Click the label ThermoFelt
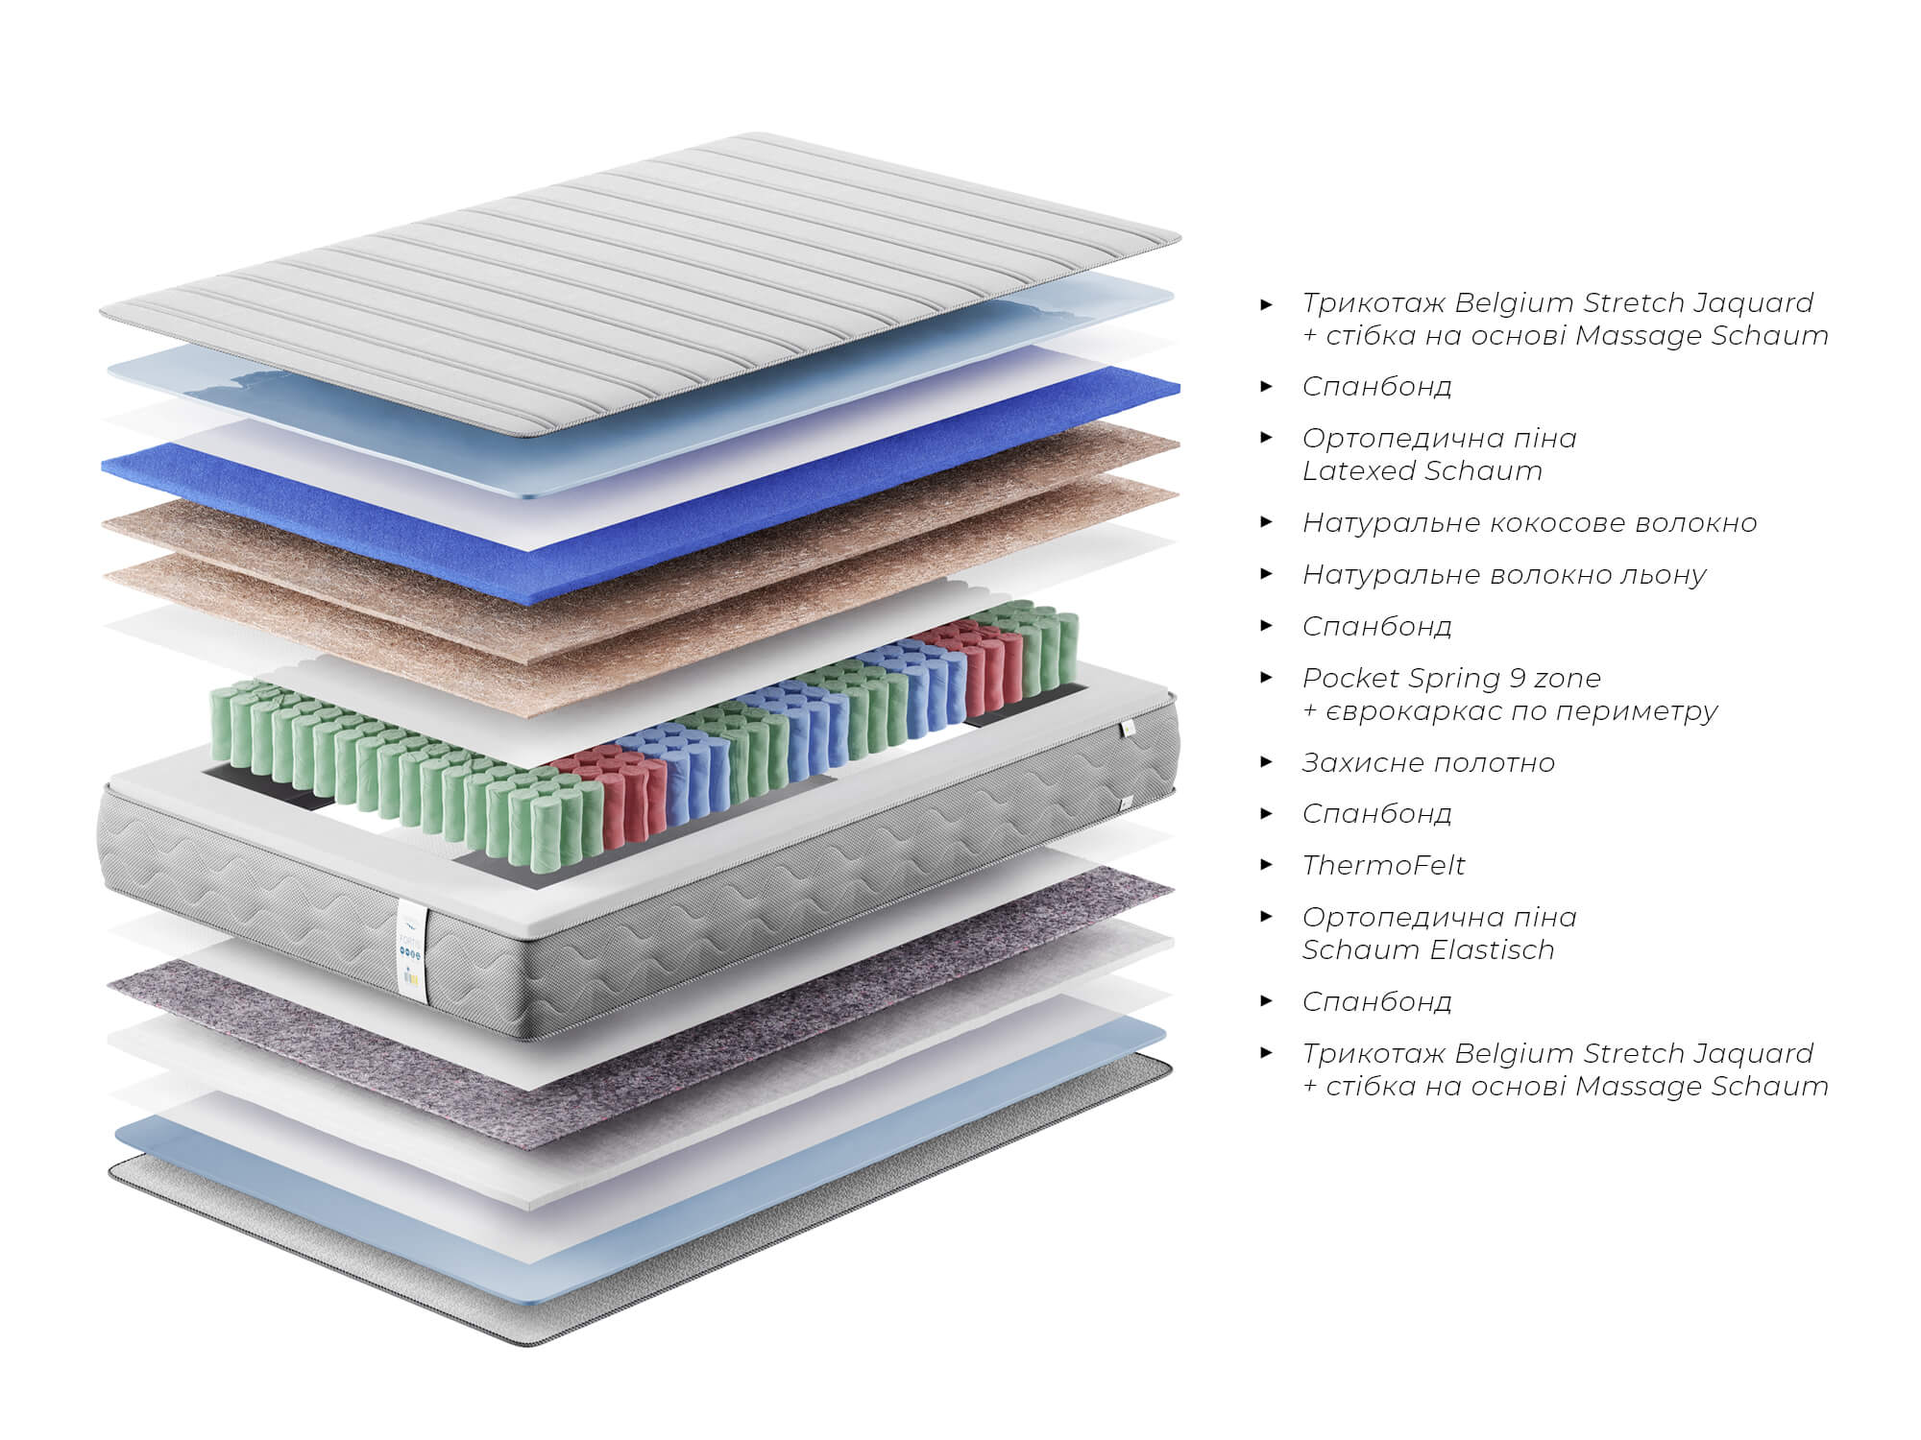[x=1383, y=865]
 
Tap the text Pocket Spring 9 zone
[x=1451, y=678]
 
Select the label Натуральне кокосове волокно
[x=1529, y=522]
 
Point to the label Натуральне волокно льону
[x=1504, y=574]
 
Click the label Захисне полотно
[x=1428, y=762]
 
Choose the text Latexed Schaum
[x=1422, y=470]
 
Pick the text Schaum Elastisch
[x=1427, y=949]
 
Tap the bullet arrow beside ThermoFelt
[x=1267, y=865]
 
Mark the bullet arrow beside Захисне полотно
[x=1267, y=762]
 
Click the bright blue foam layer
[x=642, y=461]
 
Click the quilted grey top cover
[x=640, y=284]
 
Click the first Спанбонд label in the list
[x=1376, y=387]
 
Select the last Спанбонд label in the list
[x=1376, y=1002]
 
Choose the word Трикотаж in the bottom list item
[x=1374, y=1053]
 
